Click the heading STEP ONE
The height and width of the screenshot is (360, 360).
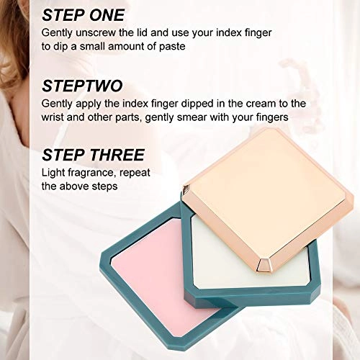point(83,15)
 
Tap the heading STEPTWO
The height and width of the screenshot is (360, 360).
point(82,86)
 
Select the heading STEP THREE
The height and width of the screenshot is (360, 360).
point(93,155)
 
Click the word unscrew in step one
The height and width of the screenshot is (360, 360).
point(96,32)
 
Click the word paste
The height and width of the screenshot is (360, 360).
point(172,47)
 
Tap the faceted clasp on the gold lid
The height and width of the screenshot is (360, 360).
point(264,266)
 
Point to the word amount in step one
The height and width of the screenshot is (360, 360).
point(125,47)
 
